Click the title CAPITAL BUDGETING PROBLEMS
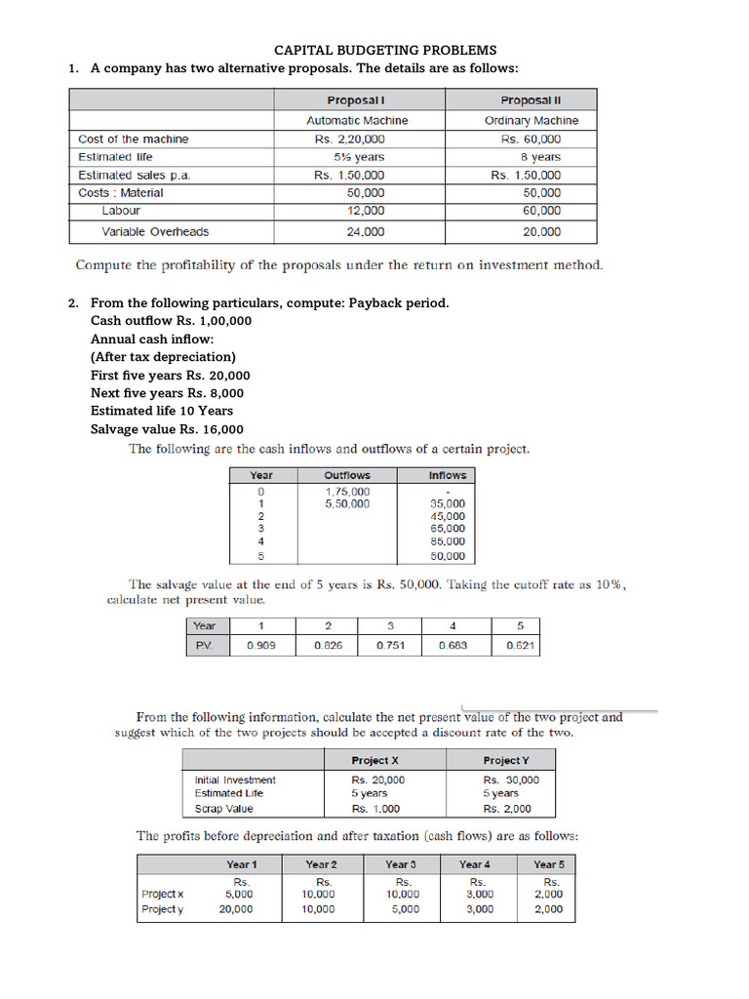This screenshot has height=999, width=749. coord(384,50)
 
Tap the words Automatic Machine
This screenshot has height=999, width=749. coord(357,121)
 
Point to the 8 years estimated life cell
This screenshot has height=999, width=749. coord(539,157)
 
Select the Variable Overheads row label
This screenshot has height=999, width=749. coord(155,232)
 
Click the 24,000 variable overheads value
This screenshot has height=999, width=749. coord(365,232)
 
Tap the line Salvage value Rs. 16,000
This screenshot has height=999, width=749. coord(167,429)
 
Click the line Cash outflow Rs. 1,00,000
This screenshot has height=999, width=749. coord(171,321)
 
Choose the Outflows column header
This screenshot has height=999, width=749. coord(347,476)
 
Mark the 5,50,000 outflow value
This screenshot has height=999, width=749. coord(347,504)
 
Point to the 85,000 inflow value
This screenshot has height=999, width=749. coord(448,541)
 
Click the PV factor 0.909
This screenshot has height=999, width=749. coord(261,646)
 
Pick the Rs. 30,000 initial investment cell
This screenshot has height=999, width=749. coord(511,780)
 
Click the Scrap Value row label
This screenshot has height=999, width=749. coord(223,809)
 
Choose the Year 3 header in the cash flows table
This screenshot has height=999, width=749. coord(400,864)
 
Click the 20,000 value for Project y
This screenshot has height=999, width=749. coord(236,909)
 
